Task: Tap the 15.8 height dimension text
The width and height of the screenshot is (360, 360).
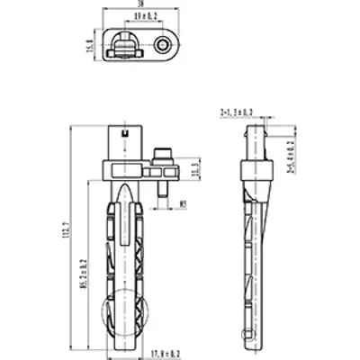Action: click(x=89, y=44)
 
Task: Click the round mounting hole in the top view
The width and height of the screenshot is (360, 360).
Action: click(x=163, y=44)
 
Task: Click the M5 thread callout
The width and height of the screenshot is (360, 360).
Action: click(x=183, y=203)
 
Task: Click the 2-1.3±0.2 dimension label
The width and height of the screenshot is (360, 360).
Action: click(x=237, y=112)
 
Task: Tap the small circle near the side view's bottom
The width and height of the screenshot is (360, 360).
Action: click(x=248, y=333)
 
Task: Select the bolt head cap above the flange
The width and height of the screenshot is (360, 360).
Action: click(x=164, y=151)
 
